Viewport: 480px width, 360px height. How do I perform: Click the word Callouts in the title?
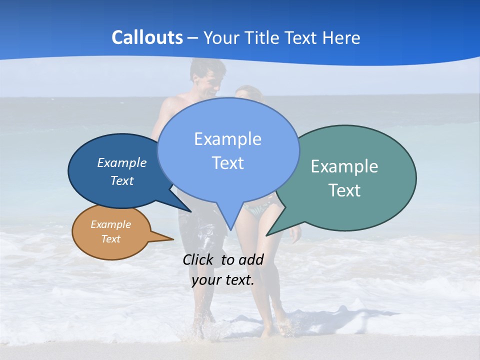pos(147,37)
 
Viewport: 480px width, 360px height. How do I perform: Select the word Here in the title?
pos(341,37)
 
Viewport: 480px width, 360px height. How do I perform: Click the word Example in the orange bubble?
pos(111,224)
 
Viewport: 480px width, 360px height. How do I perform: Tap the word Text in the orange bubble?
pos(111,239)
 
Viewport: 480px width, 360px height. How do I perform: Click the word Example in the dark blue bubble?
pos(121,162)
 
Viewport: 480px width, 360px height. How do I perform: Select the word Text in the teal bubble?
pos(344,190)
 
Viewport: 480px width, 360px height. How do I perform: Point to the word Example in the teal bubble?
pos(344,166)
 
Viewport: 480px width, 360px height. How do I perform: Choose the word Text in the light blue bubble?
pos(228,163)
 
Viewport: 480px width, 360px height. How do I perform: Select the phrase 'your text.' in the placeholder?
pos(223,280)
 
